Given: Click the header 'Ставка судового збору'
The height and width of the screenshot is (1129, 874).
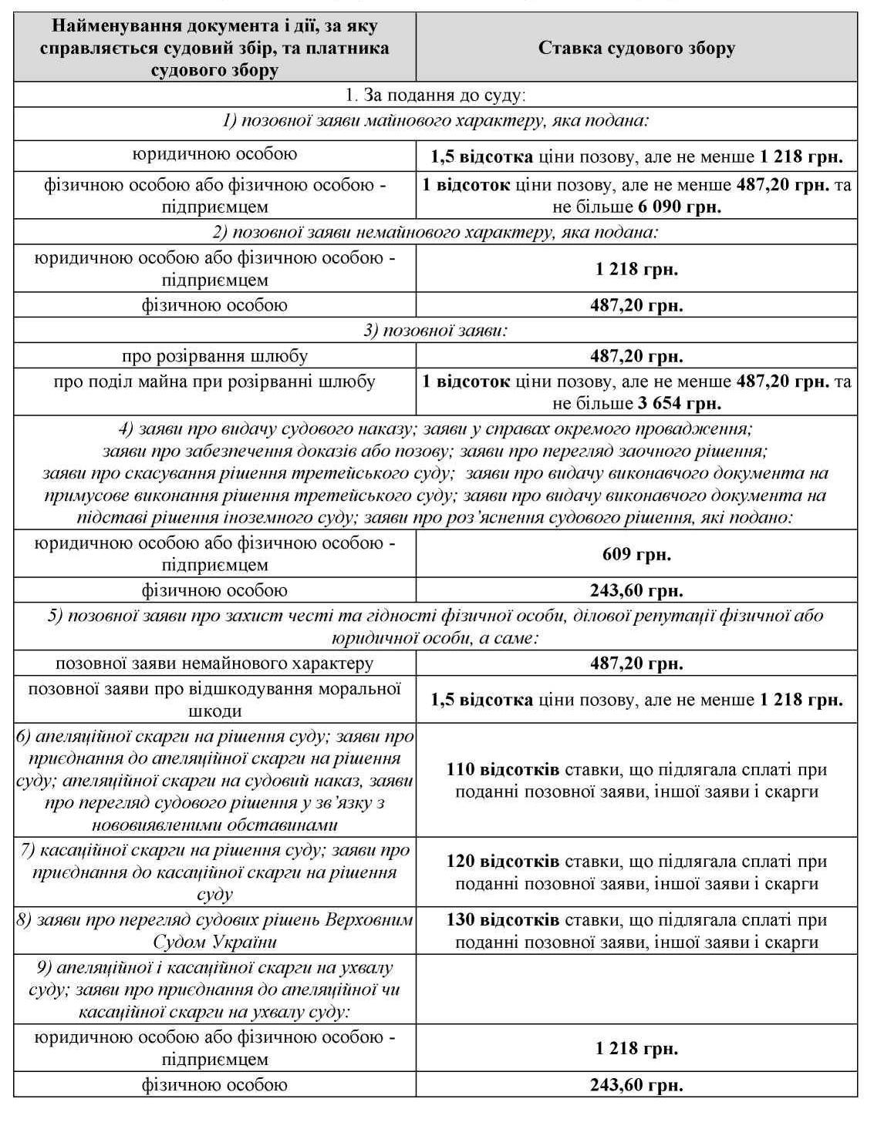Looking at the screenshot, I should coord(636,49).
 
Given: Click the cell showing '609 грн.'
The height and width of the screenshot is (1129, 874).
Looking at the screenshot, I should coord(636,554).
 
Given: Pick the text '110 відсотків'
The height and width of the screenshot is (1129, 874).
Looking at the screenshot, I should coord(503,769).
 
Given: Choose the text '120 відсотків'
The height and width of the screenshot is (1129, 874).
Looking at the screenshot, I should coord(503,861).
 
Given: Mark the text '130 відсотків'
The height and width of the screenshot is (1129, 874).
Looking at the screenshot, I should coord(503,920).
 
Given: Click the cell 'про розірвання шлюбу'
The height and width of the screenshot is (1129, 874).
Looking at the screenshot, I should coord(214,356).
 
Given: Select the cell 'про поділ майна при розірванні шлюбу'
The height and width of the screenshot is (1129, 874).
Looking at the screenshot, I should coord(214,381).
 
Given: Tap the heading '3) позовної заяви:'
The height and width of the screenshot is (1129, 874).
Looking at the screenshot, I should coord(436,331).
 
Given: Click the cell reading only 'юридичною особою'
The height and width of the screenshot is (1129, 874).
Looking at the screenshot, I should coord(214,153).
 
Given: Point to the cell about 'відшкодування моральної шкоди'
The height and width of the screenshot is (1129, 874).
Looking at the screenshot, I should coord(214,699).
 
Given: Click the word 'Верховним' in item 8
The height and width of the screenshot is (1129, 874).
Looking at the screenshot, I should coord(370,920).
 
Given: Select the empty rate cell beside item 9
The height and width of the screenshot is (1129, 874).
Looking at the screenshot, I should coord(636,990).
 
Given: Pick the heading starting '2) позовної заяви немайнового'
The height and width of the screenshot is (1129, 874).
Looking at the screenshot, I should coord(436,232).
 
